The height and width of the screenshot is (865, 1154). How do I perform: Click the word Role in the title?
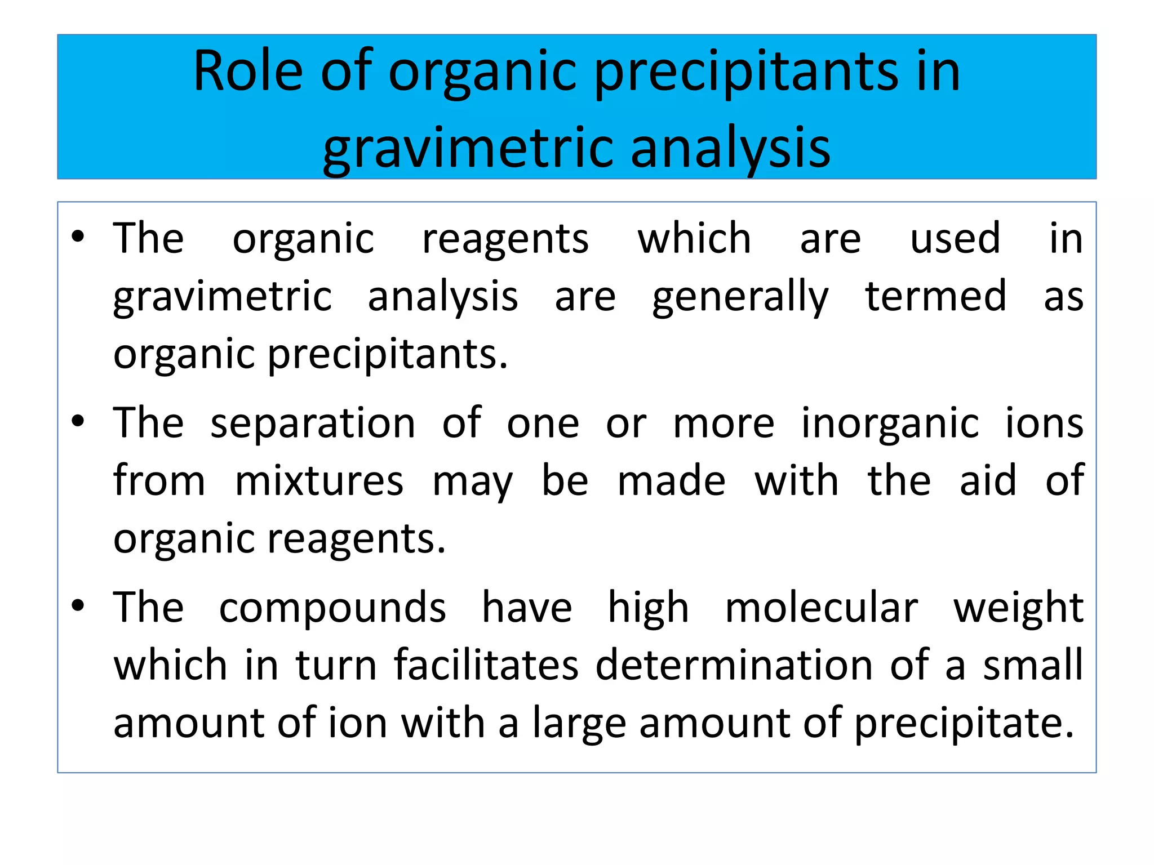pos(248,72)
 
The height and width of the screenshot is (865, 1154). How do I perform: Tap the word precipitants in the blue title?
pos(746,74)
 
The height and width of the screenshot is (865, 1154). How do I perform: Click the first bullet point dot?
pos(78,237)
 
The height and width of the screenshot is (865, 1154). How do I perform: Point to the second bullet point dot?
pos(78,421)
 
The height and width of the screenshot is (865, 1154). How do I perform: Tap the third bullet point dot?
pos(78,606)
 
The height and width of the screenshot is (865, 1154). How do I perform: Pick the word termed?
pos(935,296)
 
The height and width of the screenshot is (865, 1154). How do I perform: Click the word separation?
pos(313,423)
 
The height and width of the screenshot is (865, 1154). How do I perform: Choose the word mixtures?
pos(319,481)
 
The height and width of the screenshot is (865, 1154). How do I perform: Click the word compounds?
pos(332,609)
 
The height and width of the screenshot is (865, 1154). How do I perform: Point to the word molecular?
pos(821,608)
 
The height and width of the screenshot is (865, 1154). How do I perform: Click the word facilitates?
pos(486,666)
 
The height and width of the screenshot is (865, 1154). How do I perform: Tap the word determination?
pos(734,666)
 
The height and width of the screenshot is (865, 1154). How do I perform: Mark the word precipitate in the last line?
pos(964,724)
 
